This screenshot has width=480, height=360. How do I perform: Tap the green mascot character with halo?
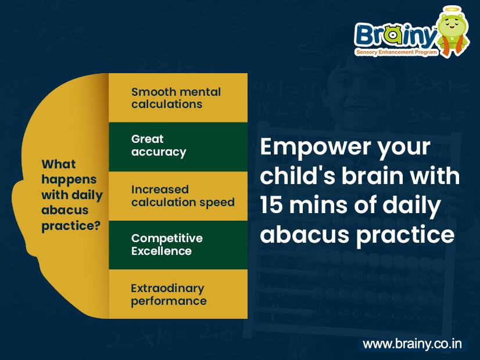(x=453, y=31)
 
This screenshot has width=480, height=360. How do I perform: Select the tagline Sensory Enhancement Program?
(x=397, y=52)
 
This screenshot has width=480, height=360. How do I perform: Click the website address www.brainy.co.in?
(x=412, y=344)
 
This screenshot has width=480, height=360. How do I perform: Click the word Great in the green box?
(x=147, y=139)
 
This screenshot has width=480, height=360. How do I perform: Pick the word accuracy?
(x=159, y=152)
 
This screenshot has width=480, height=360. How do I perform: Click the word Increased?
(x=160, y=190)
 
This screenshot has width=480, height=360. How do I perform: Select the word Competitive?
(x=167, y=238)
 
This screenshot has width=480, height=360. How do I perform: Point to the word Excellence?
(x=162, y=251)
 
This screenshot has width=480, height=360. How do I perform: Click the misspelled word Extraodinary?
(x=167, y=288)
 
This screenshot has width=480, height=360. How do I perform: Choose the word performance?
(x=169, y=301)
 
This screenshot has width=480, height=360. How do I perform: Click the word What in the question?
(x=58, y=164)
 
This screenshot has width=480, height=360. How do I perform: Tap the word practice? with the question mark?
(x=71, y=226)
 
